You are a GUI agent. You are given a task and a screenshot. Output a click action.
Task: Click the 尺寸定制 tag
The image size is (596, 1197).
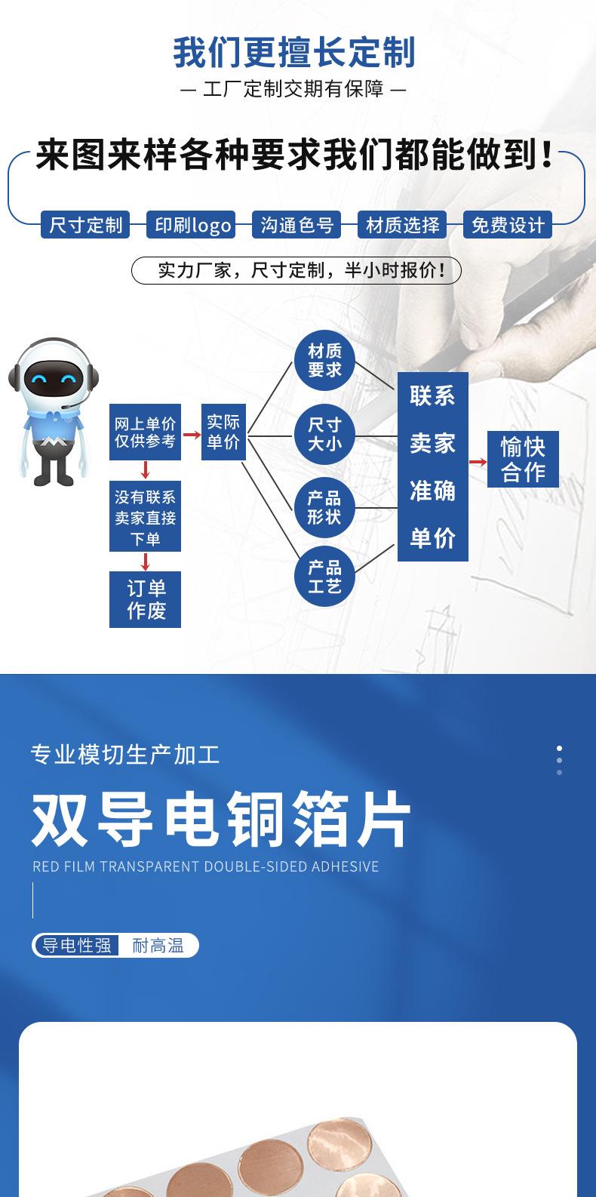coord(85,225)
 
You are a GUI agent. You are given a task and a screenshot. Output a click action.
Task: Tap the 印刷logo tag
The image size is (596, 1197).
coord(191,225)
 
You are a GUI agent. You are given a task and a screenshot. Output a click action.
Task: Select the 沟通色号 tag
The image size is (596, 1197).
coord(296,225)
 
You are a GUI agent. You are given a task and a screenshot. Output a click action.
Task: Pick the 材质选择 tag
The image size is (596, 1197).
coord(402,225)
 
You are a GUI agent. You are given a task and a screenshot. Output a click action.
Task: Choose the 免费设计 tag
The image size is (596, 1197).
coord(507,225)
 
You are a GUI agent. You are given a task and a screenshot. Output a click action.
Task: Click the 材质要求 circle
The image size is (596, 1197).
coord(324,360)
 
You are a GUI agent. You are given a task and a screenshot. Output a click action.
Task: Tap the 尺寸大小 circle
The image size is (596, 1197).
coord(324,435)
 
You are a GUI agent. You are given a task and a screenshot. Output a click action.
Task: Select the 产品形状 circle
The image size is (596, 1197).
coord(324,507)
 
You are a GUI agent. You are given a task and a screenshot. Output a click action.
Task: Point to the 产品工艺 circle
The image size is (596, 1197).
coord(324,577)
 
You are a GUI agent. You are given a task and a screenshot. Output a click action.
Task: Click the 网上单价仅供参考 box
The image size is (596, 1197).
coord(146,432)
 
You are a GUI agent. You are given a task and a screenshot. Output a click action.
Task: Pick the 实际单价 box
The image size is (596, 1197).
coord(223,432)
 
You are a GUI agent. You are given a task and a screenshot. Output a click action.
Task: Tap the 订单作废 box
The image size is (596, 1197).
coord(146,599)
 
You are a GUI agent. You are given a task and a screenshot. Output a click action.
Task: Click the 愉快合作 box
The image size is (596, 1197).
coord(523,459)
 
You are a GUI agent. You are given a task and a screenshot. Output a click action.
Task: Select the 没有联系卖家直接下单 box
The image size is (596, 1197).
coord(146,518)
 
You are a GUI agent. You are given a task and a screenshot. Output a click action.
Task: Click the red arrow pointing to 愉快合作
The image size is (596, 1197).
coord(478,461)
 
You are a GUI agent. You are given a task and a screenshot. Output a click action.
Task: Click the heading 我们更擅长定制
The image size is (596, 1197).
coord(294,54)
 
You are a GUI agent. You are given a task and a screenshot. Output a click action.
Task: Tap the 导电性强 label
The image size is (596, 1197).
coord(76,945)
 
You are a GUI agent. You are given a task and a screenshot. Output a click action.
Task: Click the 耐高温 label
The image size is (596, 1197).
coord(158,945)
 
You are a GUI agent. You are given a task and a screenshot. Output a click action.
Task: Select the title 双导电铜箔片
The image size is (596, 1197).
coord(221,820)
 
